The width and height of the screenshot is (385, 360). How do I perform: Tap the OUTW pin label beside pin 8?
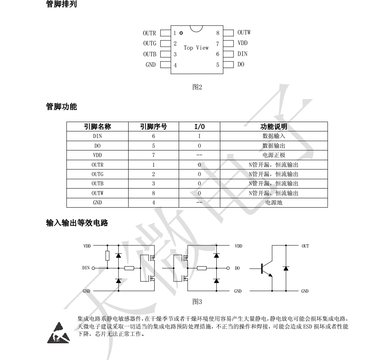pyautogui.click(x=244, y=33)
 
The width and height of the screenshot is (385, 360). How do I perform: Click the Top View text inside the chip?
pyautogui.click(x=196, y=47)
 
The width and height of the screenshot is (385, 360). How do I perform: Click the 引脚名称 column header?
pyautogui.click(x=98, y=127)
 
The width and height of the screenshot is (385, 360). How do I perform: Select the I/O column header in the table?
pyautogui.click(x=199, y=127)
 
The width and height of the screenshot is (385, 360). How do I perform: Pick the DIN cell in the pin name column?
pyautogui.click(x=98, y=136)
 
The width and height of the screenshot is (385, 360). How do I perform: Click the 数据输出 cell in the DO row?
pyautogui.click(x=274, y=146)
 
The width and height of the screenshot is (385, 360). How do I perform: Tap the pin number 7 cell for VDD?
pyautogui.click(x=153, y=155)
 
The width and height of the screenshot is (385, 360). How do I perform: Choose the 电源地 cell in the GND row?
pyautogui.click(x=274, y=203)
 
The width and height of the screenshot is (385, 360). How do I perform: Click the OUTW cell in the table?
pyautogui.click(x=98, y=193)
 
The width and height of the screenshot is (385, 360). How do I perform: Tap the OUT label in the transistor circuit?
pyautogui.click(x=305, y=246)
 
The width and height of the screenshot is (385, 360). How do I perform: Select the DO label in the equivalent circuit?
pyautogui.click(x=237, y=268)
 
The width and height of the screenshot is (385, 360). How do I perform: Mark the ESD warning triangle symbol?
pyautogui.click(x=57, y=332)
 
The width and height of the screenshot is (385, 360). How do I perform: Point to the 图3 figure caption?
pyautogui.click(x=197, y=301)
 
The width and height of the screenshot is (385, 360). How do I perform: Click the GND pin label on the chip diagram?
pyautogui.click(x=150, y=65)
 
